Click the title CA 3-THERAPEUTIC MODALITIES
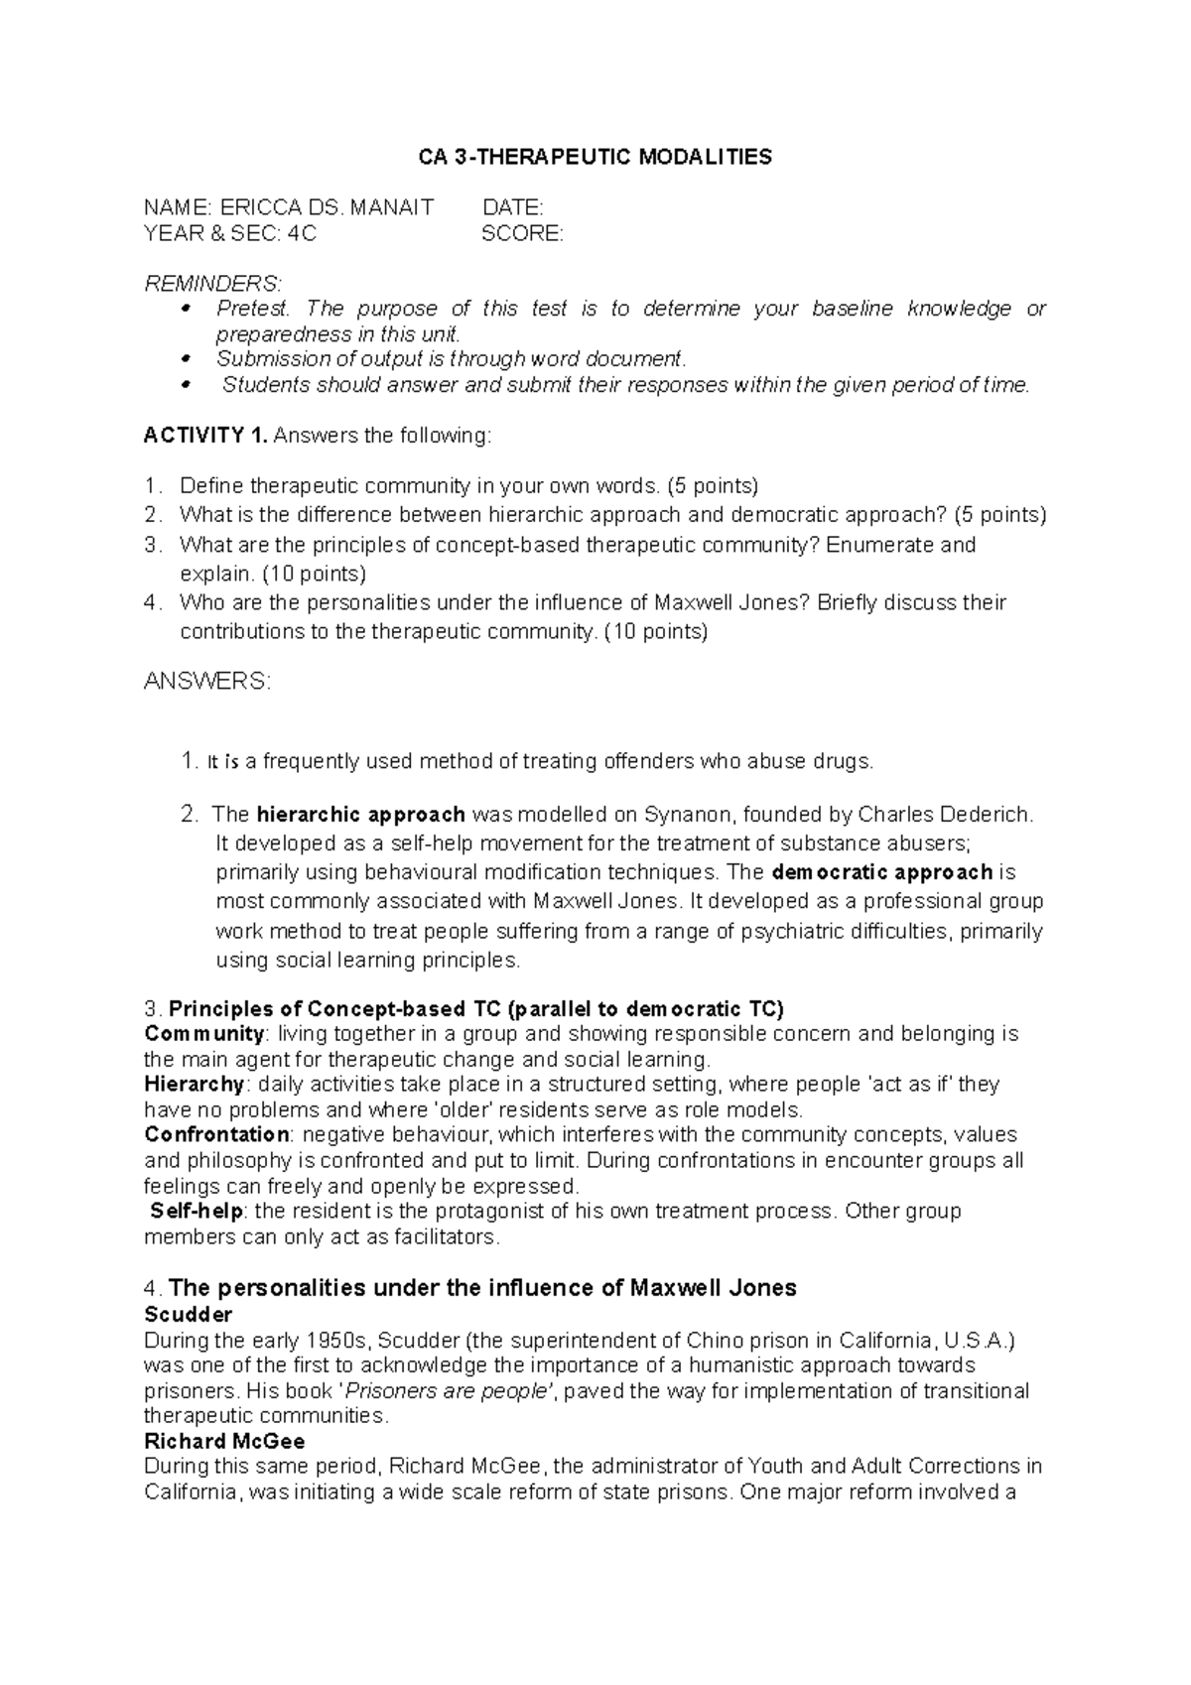tap(595, 157)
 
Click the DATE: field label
tap(512, 207)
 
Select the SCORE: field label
tap(522, 234)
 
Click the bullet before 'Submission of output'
tap(185, 358)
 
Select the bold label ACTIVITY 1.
tap(205, 436)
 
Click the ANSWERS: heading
tap(206, 682)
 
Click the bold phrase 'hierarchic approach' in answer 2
tap(360, 815)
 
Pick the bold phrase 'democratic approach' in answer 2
tap(881, 872)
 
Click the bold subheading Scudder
tap(188, 1314)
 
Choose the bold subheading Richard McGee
tap(224, 1440)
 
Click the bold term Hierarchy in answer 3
tap(195, 1084)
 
